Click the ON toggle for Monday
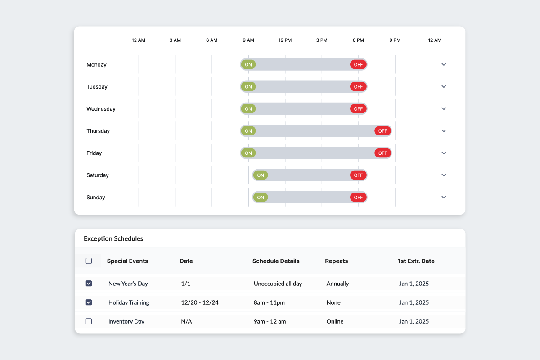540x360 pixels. pyautogui.click(x=248, y=64)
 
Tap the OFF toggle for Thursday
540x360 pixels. pyautogui.click(x=382, y=131)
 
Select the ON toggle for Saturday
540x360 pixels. pyautogui.click(x=261, y=175)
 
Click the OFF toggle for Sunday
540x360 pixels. pyautogui.click(x=358, y=197)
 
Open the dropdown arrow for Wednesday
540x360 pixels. pyautogui.click(x=444, y=108)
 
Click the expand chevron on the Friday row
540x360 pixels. pyautogui.click(x=444, y=153)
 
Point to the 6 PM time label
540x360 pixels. pyautogui.click(x=358, y=40)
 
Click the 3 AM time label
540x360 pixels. pyautogui.click(x=175, y=40)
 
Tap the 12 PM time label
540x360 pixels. pyautogui.click(x=285, y=40)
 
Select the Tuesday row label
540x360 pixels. pyautogui.click(x=97, y=87)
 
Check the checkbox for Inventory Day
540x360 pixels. pyautogui.click(x=89, y=321)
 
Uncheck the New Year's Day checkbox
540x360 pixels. pyautogui.click(x=89, y=283)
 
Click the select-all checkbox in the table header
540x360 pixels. pyautogui.click(x=89, y=261)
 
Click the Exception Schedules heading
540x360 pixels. pyautogui.click(x=113, y=238)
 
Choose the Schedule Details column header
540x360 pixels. pyautogui.click(x=276, y=261)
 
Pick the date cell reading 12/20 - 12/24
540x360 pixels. pyautogui.click(x=200, y=302)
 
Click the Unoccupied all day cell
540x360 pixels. pyautogui.click(x=278, y=283)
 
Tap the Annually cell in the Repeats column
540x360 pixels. pyautogui.click(x=337, y=283)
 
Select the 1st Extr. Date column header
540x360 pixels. pyautogui.click(x=416, y=261)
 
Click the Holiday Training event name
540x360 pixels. pyautogui.click(x=129, y=302)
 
